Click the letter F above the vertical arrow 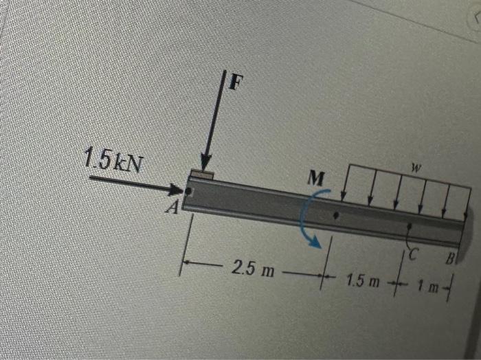coord(236,82)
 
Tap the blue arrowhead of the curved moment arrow coord(315,241)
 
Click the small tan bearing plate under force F coord(203,175)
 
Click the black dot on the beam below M coord(335,215)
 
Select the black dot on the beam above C coord(410,225)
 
